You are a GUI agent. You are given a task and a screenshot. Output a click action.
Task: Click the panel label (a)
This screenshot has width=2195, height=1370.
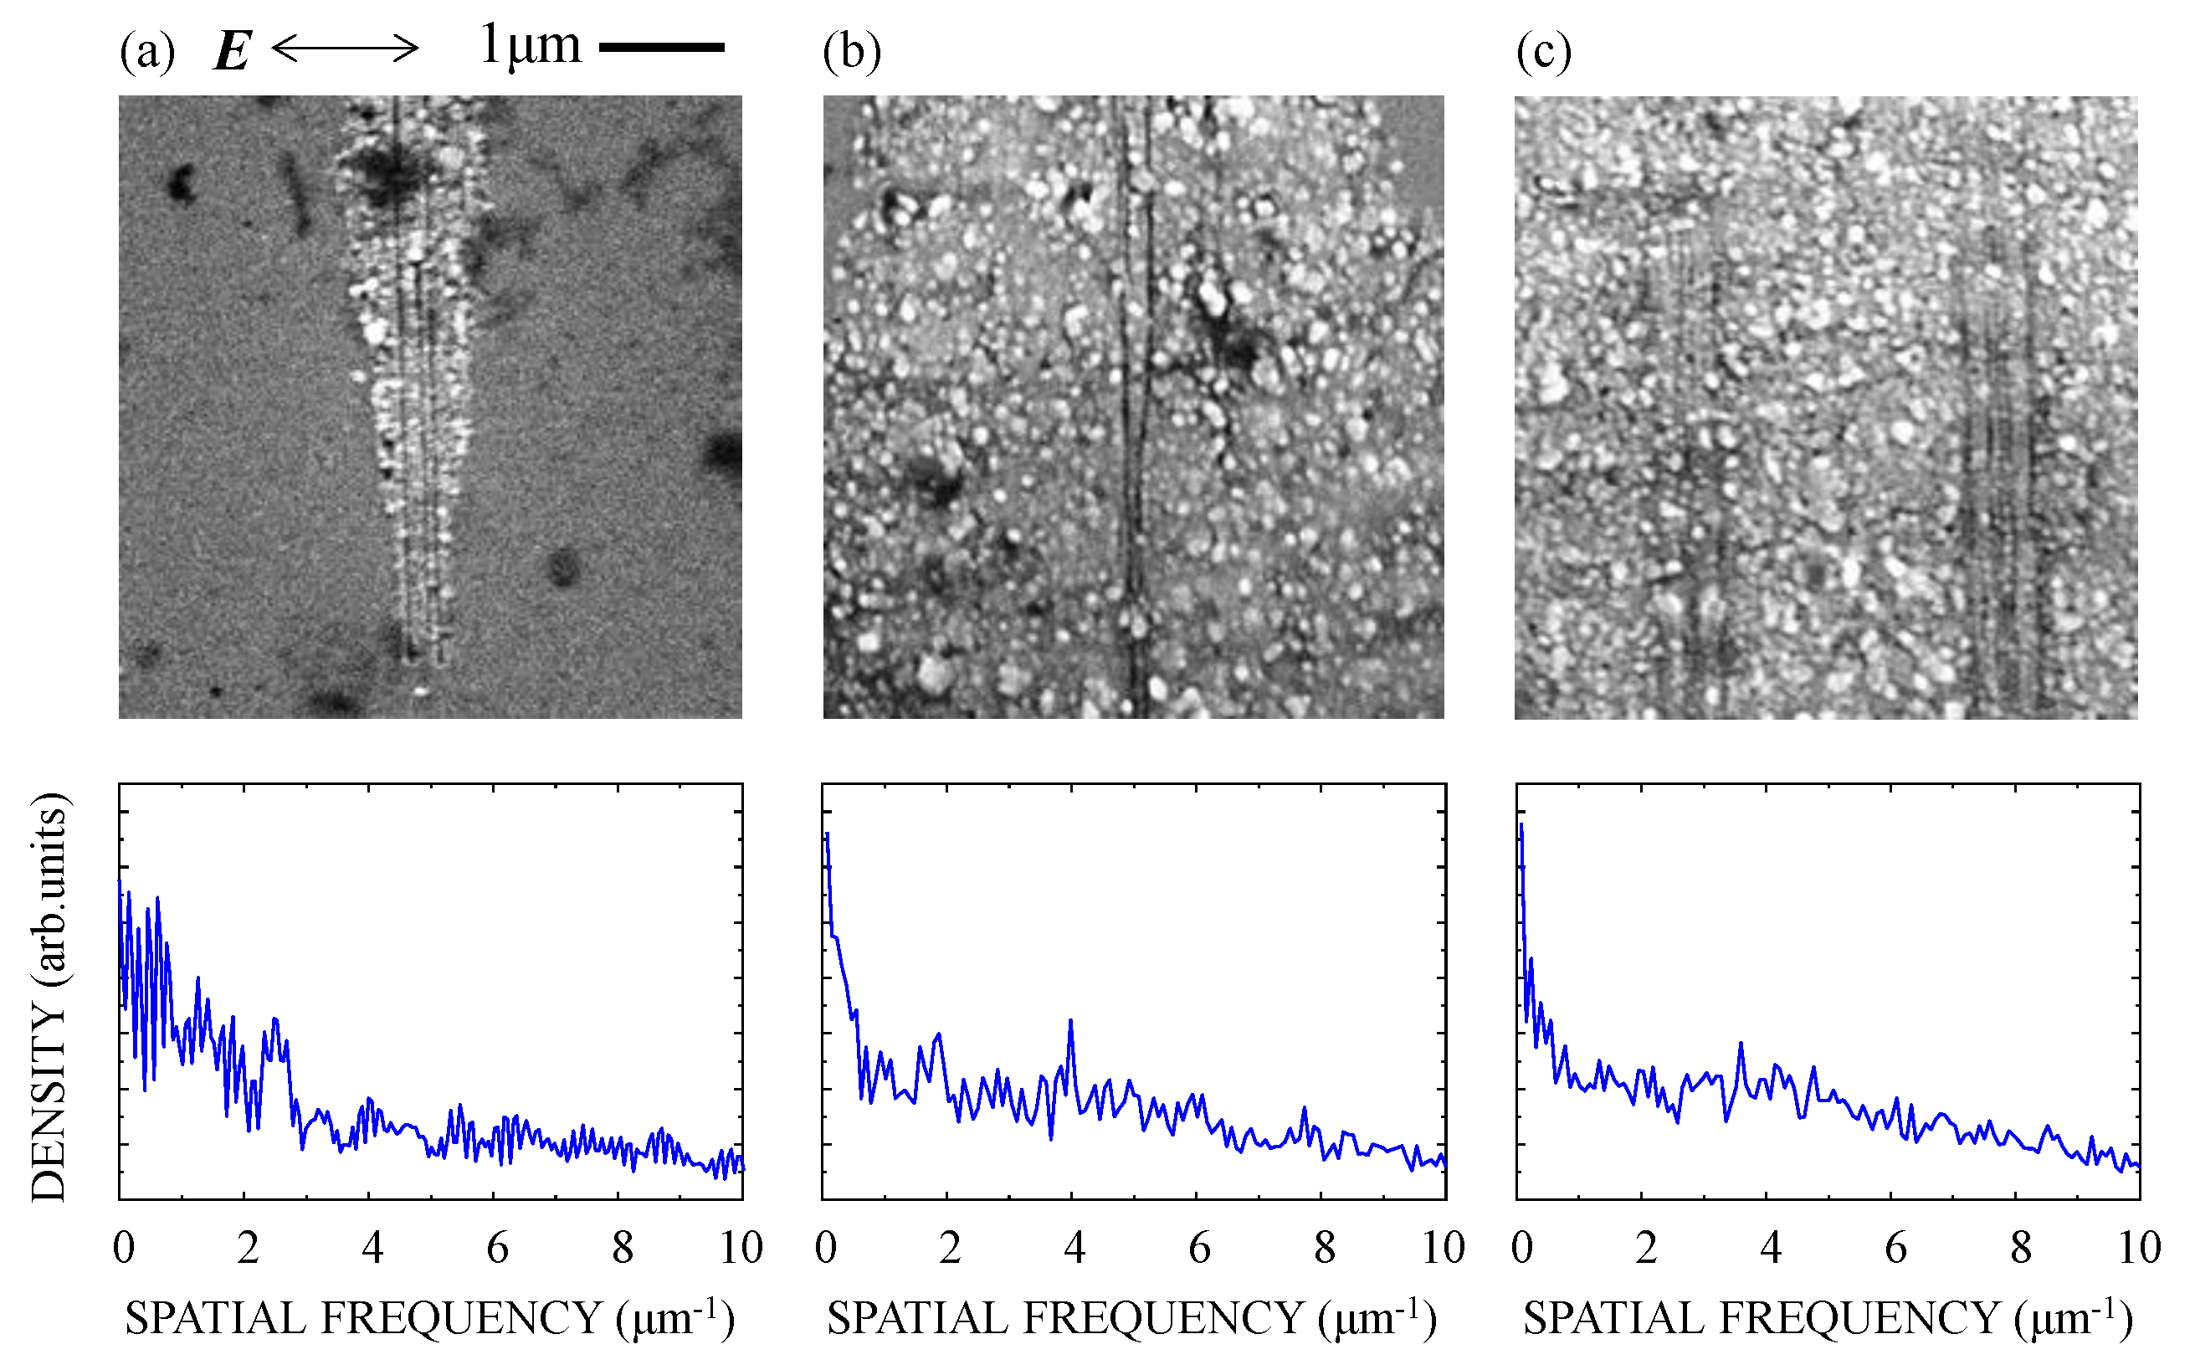tap(146, 52)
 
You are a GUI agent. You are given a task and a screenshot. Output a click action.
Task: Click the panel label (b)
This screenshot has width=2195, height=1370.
tap(851, 52)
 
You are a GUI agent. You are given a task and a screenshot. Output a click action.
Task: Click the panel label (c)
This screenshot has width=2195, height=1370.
tap(1543, 52)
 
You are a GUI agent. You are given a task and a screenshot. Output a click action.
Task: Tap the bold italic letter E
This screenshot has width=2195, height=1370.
tap(232, 51)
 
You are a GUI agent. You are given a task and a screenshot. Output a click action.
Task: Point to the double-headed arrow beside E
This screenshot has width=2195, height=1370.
tap(345, 48)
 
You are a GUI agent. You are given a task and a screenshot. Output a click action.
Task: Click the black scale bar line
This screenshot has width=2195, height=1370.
tap(661, 47)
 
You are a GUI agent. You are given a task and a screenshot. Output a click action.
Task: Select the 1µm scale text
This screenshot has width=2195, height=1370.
tap(530, 45)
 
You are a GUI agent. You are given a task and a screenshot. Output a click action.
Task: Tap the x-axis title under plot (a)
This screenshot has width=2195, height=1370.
tap(429, 1317)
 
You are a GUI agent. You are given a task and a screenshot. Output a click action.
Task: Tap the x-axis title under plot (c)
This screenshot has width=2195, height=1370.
tap(1827, 1317)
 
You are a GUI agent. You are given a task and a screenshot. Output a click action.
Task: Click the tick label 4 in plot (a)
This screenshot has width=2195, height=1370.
tap(372, 1249)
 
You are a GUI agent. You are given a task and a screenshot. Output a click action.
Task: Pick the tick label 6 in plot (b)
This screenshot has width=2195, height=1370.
tap(1199, 1249)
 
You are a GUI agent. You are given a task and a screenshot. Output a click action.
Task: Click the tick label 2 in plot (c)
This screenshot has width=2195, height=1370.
tap(1646, 1249)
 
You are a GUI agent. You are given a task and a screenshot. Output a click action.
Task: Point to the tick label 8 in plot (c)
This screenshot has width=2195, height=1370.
tap(2021, 1249)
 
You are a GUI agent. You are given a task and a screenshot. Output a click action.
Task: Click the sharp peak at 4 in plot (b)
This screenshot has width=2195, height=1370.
tap(1071, 1021)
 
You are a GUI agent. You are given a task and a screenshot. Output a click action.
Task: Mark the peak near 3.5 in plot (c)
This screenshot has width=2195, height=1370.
tap(1741, 1044)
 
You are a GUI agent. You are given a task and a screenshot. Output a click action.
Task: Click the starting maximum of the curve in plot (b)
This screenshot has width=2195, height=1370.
tap(827, 834)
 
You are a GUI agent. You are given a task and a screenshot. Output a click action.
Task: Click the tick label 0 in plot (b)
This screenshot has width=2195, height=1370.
tap(825, 1249)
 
